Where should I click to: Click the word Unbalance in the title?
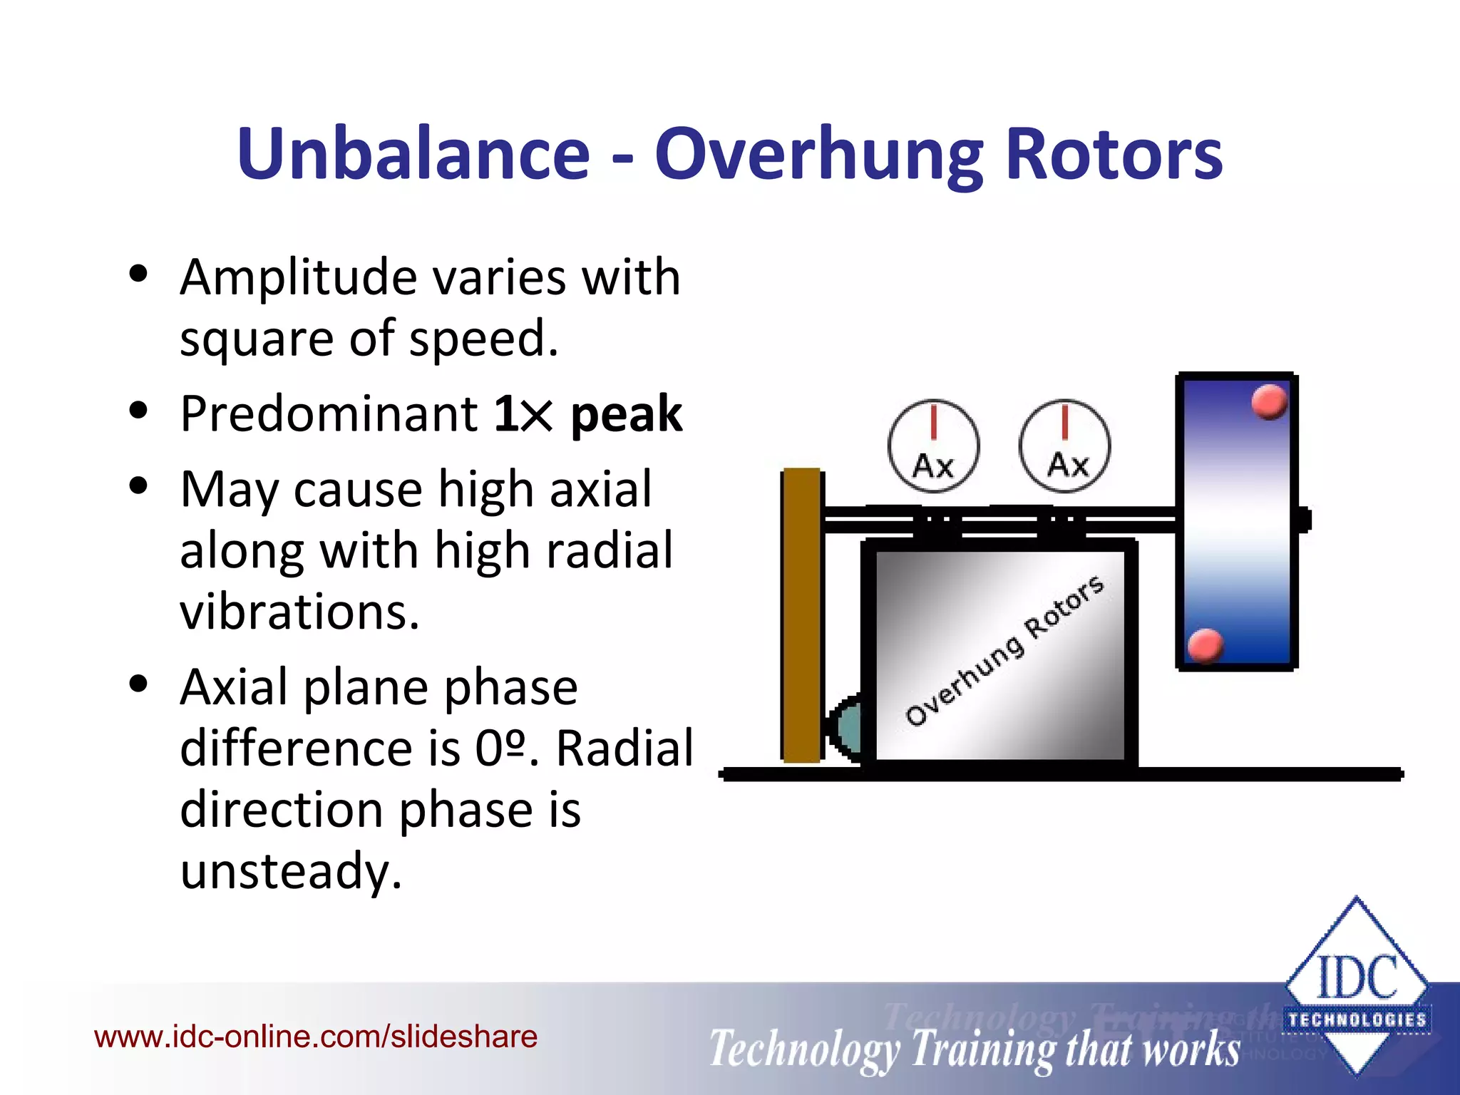(413, 154)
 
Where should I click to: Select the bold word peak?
(626, 414)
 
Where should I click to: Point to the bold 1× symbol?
(523, 414)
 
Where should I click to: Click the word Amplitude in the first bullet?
(298, 277)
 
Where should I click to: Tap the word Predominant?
(329, 414)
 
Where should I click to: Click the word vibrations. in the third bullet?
(299, 612)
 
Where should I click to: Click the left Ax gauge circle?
(933, 446)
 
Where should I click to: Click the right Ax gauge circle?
(1064, 446)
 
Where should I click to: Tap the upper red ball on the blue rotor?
(1269, 402)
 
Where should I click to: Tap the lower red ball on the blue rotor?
(1205, 646)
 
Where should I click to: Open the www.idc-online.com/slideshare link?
(316, 1037)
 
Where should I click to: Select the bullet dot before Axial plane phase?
(138, 684)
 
